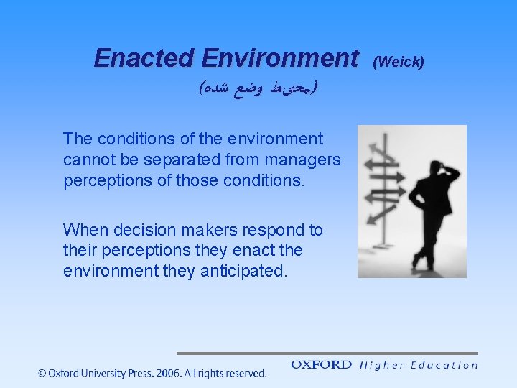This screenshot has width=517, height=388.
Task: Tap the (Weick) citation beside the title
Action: point(400,62)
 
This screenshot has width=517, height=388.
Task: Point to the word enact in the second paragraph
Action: point(260,251)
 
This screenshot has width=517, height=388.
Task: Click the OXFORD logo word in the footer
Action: point(321,365)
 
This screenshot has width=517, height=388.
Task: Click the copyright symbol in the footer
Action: point(43,373)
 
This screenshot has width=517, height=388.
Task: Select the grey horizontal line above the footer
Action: point(327,354)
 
